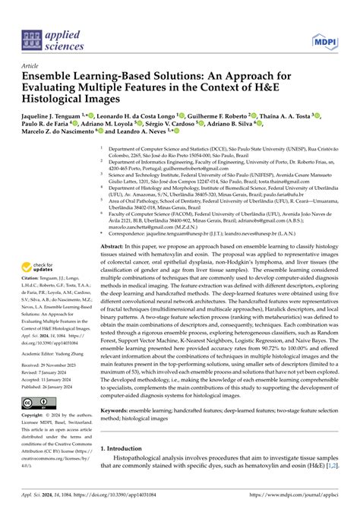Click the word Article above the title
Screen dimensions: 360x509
(x=32, y=66)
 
